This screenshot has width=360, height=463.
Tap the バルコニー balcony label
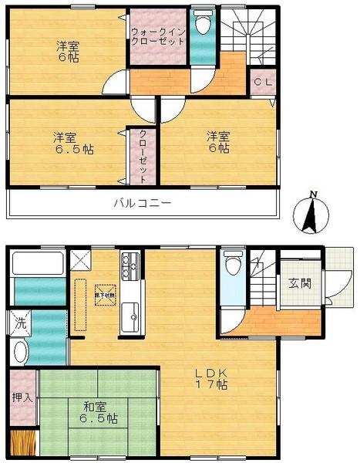coord(143,204)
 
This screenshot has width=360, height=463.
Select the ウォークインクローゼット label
coord(158,36)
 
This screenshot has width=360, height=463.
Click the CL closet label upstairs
coord(261,81)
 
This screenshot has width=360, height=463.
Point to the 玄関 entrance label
coord(300,283)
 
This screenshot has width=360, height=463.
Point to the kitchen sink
coord(130,316)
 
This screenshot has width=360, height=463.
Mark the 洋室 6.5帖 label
coord(72,144)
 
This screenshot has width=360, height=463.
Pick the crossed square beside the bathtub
coord(79,261)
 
